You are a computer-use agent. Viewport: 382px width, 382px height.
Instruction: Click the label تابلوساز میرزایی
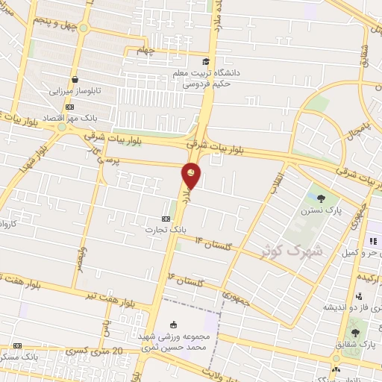click(74, 90)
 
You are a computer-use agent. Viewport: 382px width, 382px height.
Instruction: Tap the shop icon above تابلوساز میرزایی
click(75, 79)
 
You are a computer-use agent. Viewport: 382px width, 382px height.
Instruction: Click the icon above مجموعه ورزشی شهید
click(173, 324)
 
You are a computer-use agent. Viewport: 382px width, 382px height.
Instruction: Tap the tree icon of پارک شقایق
click(354, 333)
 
